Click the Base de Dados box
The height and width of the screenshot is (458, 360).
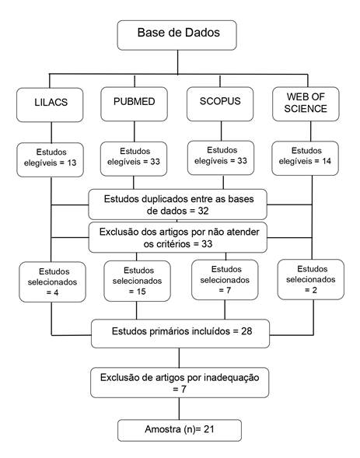(x=177, y=35)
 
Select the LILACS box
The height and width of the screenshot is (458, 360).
(x=50, y=105)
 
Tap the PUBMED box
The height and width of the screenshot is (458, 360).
(x=134, y=104)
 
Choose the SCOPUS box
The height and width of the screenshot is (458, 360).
(x=220, y=104)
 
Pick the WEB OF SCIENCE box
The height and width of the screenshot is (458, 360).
(x=306, y=104)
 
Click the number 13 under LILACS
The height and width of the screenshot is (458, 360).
(x=72, y=163)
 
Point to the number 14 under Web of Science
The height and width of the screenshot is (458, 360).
(x=327, y=161)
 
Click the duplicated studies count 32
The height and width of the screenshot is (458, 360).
(x=203, y=211)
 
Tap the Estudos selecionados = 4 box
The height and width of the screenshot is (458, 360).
(x=53, y=281)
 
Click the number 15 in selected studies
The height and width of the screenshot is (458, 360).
(x=141, y=292)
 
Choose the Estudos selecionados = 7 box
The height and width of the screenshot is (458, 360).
(x=225, y=280)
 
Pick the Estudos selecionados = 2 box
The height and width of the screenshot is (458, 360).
(x=311, y=279)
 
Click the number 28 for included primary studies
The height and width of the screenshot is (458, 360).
(x=246, y=331)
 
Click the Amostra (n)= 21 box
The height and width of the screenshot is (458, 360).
(x=180, y=430)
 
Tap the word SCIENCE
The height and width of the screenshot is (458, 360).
(x=306, y=109)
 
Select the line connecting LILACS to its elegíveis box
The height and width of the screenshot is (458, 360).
(x=51, y=132)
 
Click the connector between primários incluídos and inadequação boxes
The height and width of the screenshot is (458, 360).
(x=179, y=358)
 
